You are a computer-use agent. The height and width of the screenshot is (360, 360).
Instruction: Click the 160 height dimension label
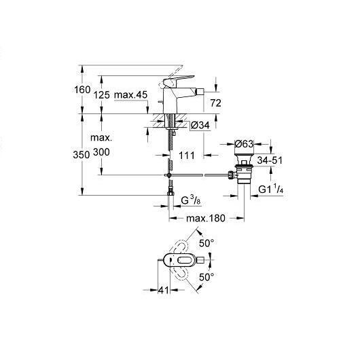(82, 89)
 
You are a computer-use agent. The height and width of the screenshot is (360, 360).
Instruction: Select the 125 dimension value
(101, 94)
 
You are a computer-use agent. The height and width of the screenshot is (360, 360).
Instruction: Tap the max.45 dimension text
(130, 94)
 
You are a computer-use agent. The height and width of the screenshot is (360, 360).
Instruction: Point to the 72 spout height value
(215, 103)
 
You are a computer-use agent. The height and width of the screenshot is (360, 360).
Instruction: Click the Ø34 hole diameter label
(200, 126)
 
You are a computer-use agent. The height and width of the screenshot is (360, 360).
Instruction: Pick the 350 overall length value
(82, 155)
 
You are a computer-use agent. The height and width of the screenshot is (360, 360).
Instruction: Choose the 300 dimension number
(101, 152)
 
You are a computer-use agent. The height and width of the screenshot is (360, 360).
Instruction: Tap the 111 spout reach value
(187, 156)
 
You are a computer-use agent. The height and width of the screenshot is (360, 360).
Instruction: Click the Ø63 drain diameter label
(244, 144)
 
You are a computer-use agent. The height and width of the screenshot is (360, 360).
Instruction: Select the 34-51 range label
(270, 160)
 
